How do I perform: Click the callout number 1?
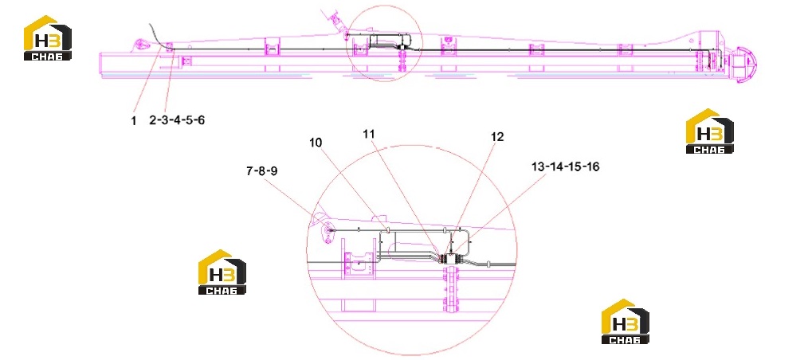coord(133,121)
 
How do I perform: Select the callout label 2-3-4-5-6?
coord(177,120)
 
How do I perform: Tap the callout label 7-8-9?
coord(262,171)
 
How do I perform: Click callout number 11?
coord(368,134)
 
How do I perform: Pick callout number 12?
coord(497,137)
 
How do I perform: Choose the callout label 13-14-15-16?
coord(565,167)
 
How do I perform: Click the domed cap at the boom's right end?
coord(744,64)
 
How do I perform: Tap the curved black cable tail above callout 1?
coord(159,35)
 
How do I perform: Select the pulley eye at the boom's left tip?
coord(142,45)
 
